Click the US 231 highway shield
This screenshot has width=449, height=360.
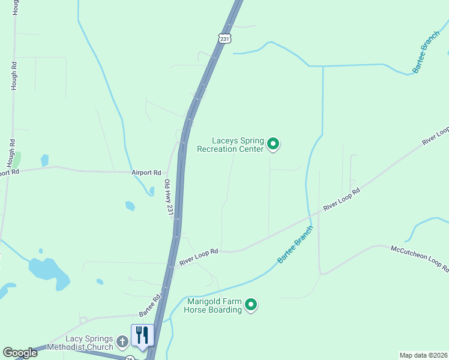(224, 38)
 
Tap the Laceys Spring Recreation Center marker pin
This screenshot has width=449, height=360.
(273, 144)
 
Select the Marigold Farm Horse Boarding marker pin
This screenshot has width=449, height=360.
(252, 305)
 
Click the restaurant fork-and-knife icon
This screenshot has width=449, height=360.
(142, 335)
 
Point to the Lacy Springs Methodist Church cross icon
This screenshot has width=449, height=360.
(122, 343)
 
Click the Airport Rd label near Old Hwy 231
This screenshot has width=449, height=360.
(146, 172)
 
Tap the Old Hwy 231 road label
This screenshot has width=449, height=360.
(169, 200)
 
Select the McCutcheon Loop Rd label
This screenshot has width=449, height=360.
(419, 258)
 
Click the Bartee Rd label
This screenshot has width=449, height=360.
(150, 306)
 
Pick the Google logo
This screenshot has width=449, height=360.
(20, 353)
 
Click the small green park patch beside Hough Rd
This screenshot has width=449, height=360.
(17, 160)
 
